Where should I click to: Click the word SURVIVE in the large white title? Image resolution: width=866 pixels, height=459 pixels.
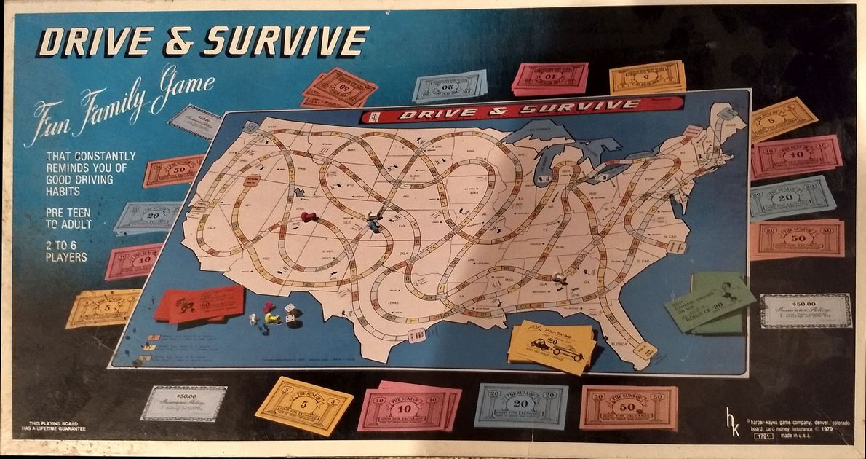pos(285,42)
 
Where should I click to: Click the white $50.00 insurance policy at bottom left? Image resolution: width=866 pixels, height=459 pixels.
pos(183,403)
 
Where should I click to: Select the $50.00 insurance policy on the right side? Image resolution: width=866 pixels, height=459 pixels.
pos(805,310)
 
